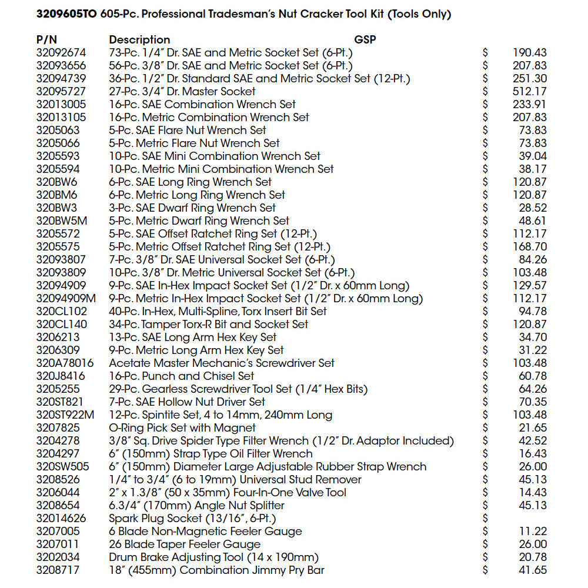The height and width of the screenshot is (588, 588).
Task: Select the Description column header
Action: (x=139, y=40)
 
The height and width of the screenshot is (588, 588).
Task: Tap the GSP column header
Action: (x=365, y=40)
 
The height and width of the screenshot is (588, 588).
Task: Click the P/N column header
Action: (x=47, y=40)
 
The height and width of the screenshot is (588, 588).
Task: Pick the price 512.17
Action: (x=530, y=92)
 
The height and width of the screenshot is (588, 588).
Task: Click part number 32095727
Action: (x=61, y=92)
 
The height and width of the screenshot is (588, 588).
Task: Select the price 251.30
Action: (x=530, y=79)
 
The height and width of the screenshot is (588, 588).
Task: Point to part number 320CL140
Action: (x=61, y=325)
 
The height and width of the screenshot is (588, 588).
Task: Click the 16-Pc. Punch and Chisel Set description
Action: (x=182, y=376)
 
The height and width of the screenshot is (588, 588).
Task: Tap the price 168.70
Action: (x=530, y=247)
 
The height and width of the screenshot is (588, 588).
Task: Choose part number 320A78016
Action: (x=65, y=363)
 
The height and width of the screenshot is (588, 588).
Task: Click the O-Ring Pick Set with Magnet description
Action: (x=182, y=428)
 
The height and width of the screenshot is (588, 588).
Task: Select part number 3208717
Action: (x=58, y=570)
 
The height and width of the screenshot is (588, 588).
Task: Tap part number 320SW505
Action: (x=62, y=467)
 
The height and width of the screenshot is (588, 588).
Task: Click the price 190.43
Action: (x=530, y=53)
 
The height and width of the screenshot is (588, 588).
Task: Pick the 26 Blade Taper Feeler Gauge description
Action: (x=185, y=544)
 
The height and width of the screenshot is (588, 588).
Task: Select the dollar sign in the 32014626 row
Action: (x=485, y=519)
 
